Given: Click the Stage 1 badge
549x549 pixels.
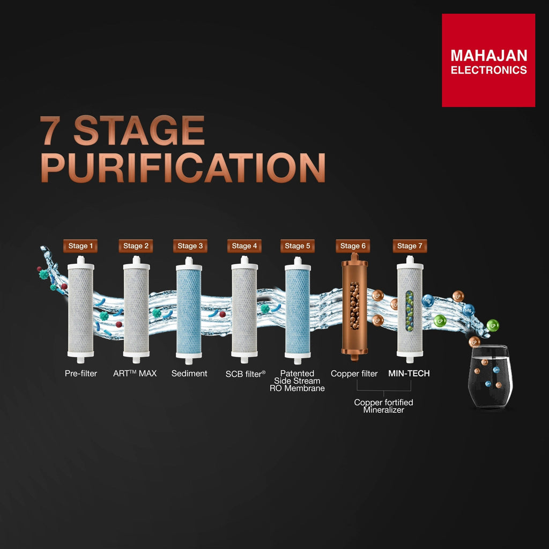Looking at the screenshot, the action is point(80,246).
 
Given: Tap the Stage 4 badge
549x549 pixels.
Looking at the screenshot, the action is point(244,246).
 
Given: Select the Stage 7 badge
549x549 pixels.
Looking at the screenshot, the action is point(410,246).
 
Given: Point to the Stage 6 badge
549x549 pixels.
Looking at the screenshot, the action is point(353,246).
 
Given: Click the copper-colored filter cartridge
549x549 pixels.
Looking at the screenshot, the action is point(354,307).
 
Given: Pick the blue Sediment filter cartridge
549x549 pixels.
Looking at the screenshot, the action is point(189,310).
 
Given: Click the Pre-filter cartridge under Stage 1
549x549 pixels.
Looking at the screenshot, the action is point(80,310).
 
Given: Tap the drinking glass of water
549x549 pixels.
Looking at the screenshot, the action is point(490,376).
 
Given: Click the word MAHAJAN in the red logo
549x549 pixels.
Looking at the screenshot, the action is point(489,56).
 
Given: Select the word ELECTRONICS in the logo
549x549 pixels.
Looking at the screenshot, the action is point(489,70).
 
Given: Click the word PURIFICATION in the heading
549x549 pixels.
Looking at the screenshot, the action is point(183,167).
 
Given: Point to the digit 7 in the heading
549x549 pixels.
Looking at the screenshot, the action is point(51,130).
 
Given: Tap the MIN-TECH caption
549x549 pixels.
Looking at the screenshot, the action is point(409,373).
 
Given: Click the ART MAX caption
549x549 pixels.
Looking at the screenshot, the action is point(135,373).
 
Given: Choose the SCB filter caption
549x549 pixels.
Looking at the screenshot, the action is point(246,374).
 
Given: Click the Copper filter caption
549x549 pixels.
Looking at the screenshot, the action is point(354,374).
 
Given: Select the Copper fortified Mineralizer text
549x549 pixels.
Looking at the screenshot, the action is point(383,406).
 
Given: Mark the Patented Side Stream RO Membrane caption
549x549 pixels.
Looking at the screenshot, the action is point(297,381).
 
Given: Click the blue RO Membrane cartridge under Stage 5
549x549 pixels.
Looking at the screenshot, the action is point(298,310).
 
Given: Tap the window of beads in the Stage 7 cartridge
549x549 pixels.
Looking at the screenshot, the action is point(409,310).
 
